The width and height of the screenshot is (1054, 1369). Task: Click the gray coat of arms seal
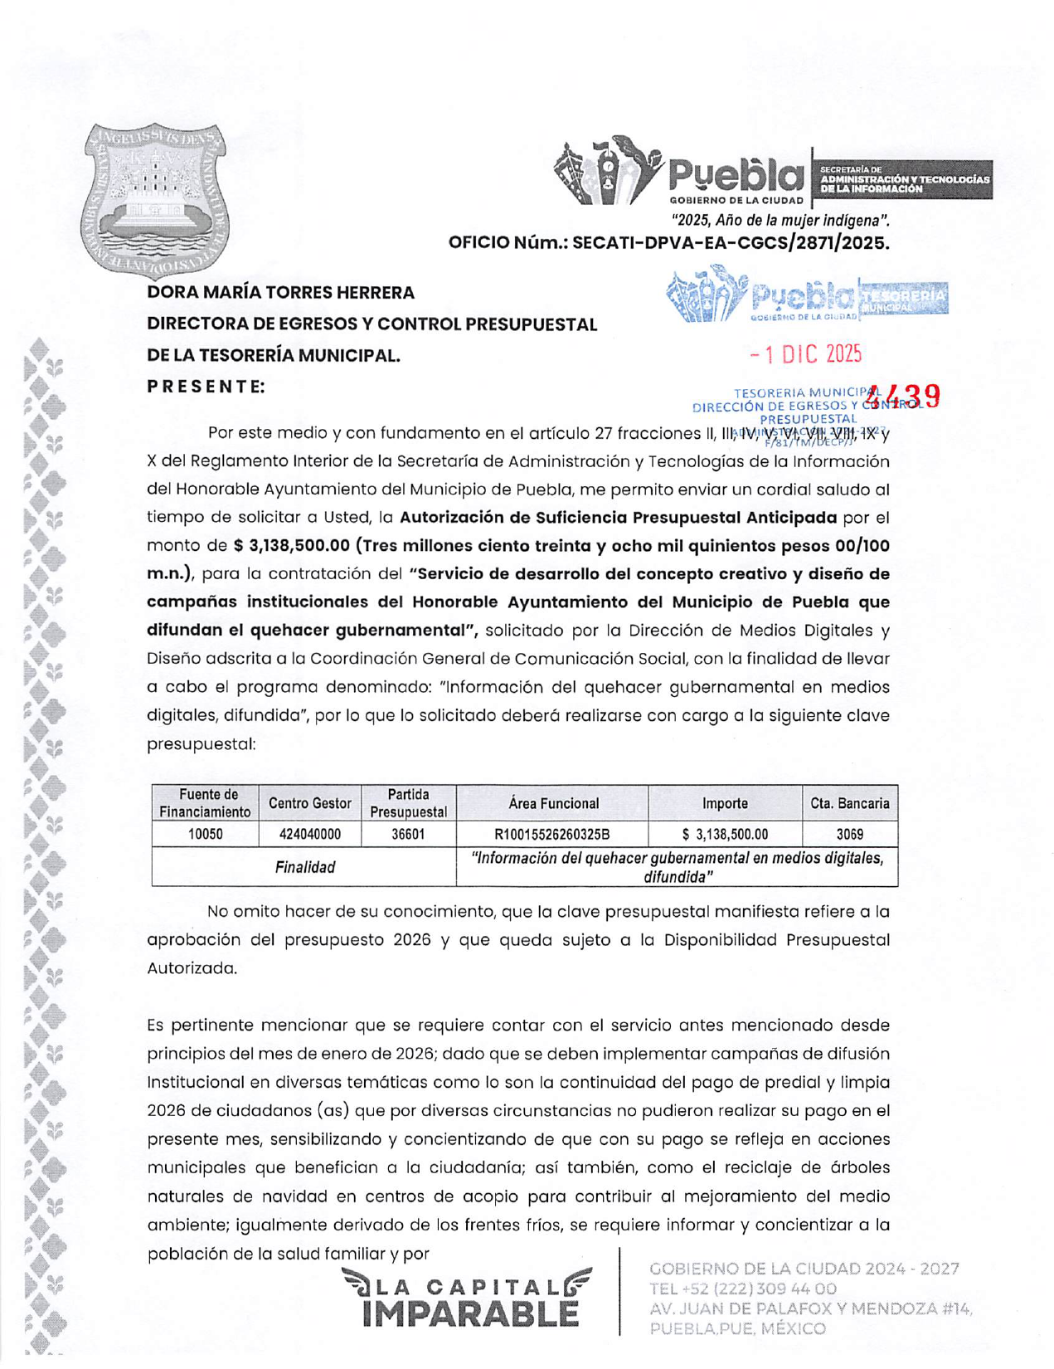154,199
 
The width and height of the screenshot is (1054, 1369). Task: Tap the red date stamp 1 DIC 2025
806,354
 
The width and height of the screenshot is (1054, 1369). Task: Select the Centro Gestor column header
309,803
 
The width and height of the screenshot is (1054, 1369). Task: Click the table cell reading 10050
205,834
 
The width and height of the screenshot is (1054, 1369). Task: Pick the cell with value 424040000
309,834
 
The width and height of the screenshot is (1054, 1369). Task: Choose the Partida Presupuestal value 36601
408,834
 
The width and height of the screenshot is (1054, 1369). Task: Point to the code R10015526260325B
551,834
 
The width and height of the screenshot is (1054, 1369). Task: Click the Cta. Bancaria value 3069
849,834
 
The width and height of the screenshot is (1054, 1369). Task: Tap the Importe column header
725,803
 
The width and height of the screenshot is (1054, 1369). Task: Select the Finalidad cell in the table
304,867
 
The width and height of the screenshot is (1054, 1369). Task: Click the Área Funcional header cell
553,803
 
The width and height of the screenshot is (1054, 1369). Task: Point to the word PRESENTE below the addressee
206,387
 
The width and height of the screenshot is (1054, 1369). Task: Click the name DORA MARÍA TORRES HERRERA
280,293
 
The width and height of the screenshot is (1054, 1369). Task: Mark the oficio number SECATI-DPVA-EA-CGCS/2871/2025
730,243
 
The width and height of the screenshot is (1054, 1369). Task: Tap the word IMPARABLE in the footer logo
470,1314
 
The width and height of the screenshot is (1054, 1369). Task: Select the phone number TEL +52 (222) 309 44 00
742,1289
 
